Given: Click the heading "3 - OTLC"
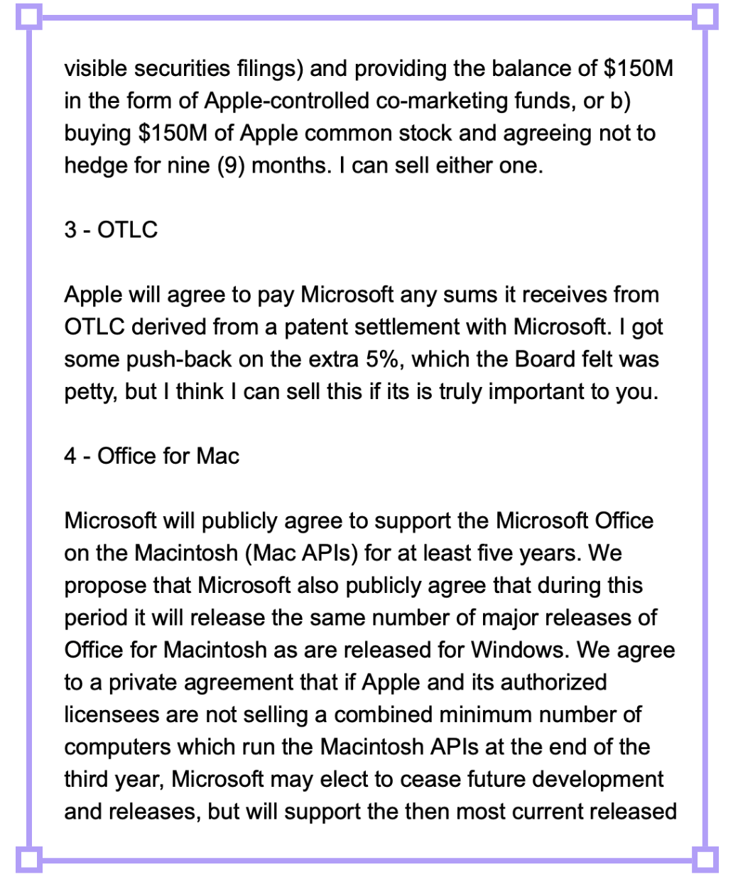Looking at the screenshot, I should point(111,230).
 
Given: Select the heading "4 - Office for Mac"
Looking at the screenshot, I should point(151,456).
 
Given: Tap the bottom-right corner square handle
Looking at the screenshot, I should point(707,860).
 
